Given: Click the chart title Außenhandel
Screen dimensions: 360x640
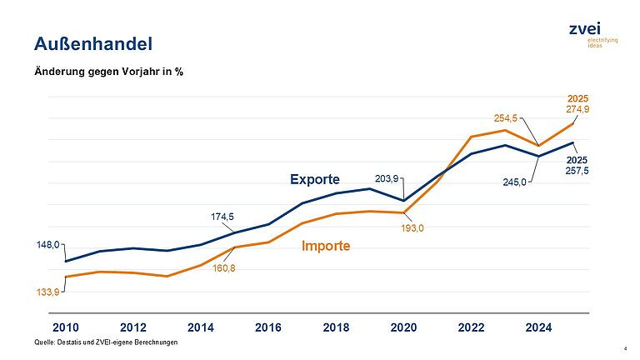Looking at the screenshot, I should pos(92,42).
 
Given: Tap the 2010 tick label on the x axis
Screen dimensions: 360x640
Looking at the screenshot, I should pos(65,327).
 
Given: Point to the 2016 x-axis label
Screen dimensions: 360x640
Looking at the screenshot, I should pos(268,327).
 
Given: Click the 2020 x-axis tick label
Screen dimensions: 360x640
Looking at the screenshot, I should pos(403,327).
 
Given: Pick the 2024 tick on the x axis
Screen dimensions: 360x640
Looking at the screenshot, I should pos(539,327).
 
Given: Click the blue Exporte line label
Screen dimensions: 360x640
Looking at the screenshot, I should pos(315,179).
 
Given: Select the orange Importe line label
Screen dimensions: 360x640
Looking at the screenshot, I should pos(325,246).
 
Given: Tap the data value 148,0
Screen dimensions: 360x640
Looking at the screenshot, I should pos(47,245).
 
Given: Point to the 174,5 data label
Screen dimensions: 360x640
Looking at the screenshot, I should pos(221,217).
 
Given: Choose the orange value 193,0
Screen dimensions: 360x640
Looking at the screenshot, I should pos(412,228).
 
